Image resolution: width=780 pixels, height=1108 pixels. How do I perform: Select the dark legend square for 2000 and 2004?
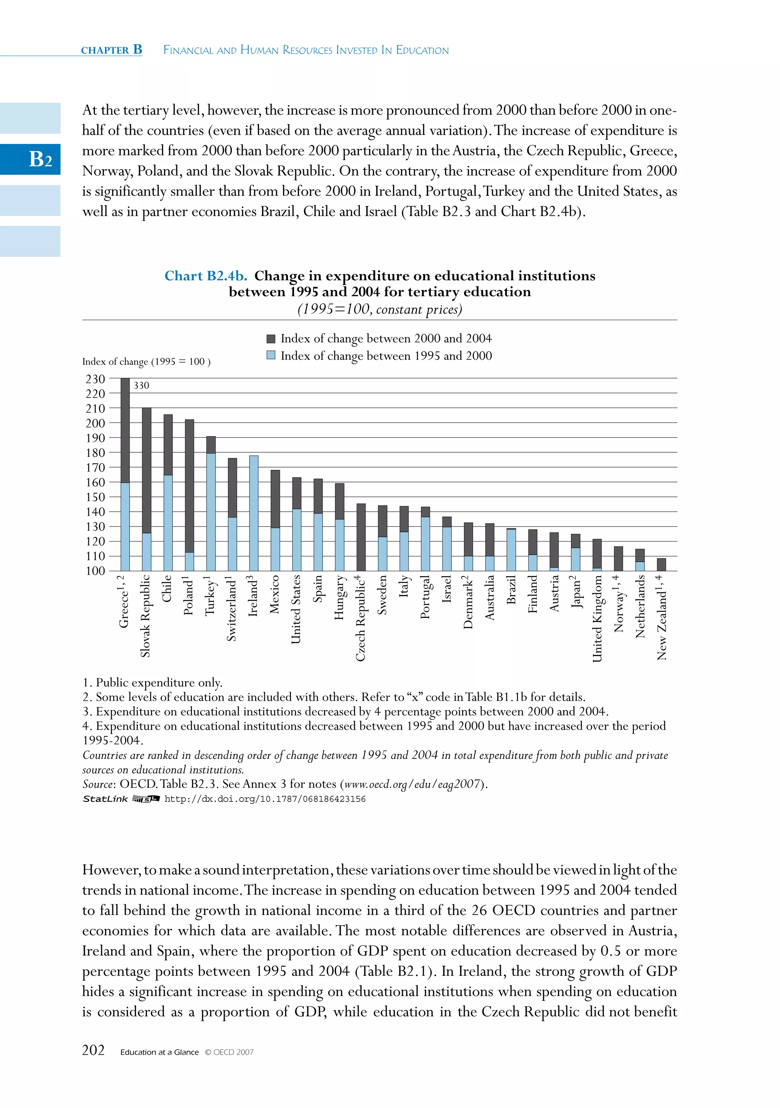click(x=271, y=339)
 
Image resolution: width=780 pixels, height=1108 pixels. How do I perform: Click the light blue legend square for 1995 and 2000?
click(x=271, y=356)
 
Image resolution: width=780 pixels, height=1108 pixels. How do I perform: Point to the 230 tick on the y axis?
click(x=96, y=379)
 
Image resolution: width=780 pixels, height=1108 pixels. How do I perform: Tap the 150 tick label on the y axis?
click(x=96, y=497)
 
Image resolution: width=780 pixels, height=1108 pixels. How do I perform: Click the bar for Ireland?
click(x=253, y=513)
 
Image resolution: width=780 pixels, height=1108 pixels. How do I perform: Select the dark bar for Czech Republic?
click(x=361, y=537)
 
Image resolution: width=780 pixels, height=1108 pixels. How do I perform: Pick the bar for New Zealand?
click(x=661, y=565)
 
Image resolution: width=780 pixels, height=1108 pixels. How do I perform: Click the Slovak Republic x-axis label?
click(x=145, y=616)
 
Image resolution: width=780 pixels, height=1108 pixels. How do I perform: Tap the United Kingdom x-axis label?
click(x=597, y=618)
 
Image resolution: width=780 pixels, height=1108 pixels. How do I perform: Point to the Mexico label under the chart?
click(x=275, y=594)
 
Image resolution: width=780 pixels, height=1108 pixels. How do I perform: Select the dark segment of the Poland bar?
click(x=190, y=485)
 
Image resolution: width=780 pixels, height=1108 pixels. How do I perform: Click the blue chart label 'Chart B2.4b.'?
click(x=206, y=276)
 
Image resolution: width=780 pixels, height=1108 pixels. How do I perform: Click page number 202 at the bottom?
click(x=93, y=1050)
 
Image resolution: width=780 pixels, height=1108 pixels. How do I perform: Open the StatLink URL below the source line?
click(x=265, y=799)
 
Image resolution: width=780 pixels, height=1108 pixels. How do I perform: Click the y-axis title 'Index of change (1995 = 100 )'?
click(x=146, y=361)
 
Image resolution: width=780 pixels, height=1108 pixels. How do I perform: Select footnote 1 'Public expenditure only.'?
click(x=152, y=683)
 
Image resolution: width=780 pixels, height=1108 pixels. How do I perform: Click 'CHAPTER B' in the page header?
click(x=112, y=50)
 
